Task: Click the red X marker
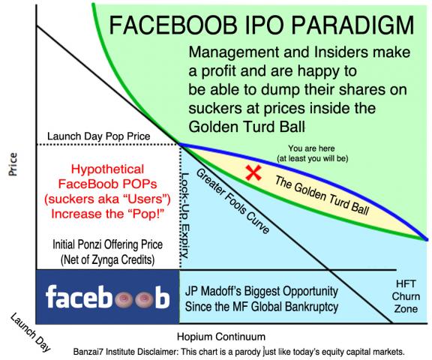[254, 173]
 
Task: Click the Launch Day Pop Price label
[99, 136]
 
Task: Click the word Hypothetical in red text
[107, 169]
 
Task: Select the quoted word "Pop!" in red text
[145, 212]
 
